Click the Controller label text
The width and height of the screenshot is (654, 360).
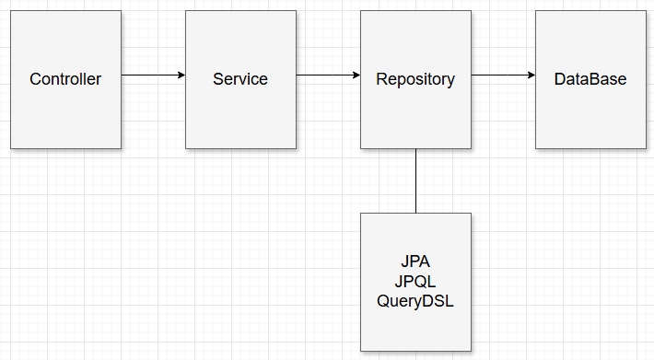(x=65, y=79)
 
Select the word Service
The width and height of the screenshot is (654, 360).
(x=240, y=79)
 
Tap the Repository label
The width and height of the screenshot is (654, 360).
(x=415, y=79)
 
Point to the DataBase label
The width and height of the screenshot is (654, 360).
(x=590, y=79)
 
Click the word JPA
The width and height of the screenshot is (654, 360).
(x=415, y=261)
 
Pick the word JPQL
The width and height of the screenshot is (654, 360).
(x=415, y=281)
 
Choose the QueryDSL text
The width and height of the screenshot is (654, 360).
(x=415, y=301)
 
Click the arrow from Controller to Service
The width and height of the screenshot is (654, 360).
(x=153, y=75)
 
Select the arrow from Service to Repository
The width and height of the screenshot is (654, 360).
(x=328, y=75)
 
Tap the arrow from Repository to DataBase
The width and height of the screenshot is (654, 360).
(x=503, y=75)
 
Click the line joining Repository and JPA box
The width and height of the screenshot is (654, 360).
(x=415, y=180)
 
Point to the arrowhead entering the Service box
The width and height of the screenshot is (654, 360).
(x=181, y=75)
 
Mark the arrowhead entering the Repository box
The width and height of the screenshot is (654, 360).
(x=356, y=75)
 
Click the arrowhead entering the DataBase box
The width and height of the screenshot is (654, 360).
(x=531, y=75)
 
